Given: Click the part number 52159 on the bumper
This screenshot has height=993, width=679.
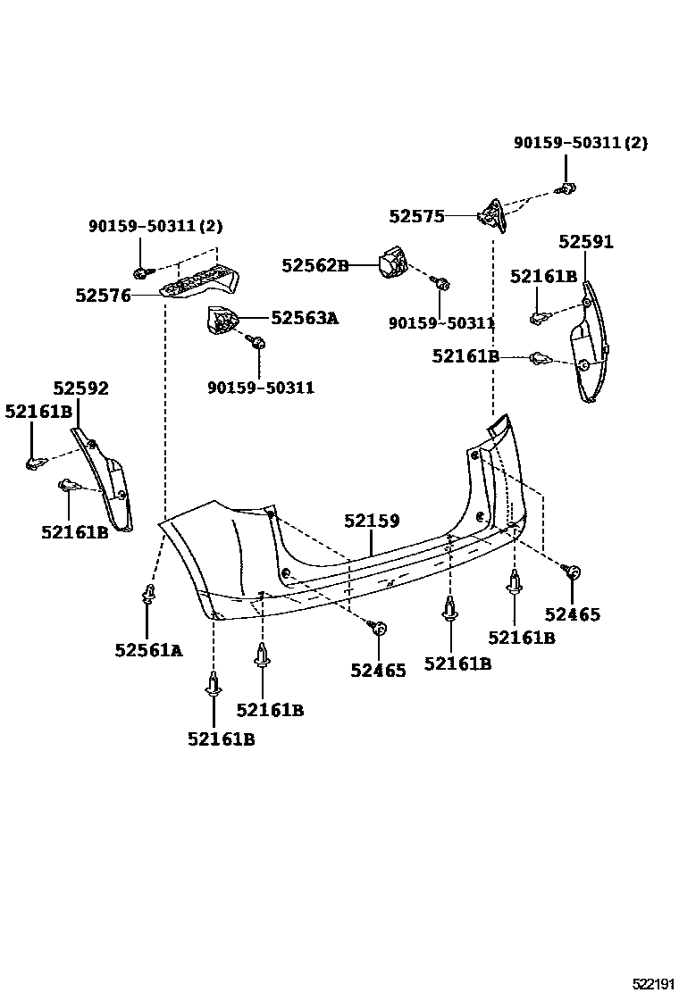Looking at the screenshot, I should tap(373, 522).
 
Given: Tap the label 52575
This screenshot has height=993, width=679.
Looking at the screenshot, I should tap(416, 216).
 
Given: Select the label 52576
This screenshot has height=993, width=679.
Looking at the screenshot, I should tap(103, 296).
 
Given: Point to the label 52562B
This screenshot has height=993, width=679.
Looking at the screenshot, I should tap(315, 265).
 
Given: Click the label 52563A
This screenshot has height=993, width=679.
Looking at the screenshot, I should tap(305, 318).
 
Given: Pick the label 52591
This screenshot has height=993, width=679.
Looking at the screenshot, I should tap(586, 242).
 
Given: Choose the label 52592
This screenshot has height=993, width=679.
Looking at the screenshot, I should tap(80, 388).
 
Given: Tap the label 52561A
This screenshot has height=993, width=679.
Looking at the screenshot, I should tap(148, 651).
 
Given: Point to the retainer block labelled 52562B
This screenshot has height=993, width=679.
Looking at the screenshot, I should tap(390, 263).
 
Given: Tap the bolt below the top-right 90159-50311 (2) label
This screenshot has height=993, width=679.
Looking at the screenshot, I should tap(566, 188).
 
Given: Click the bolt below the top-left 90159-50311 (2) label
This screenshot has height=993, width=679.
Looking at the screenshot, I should tap(140, 271).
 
